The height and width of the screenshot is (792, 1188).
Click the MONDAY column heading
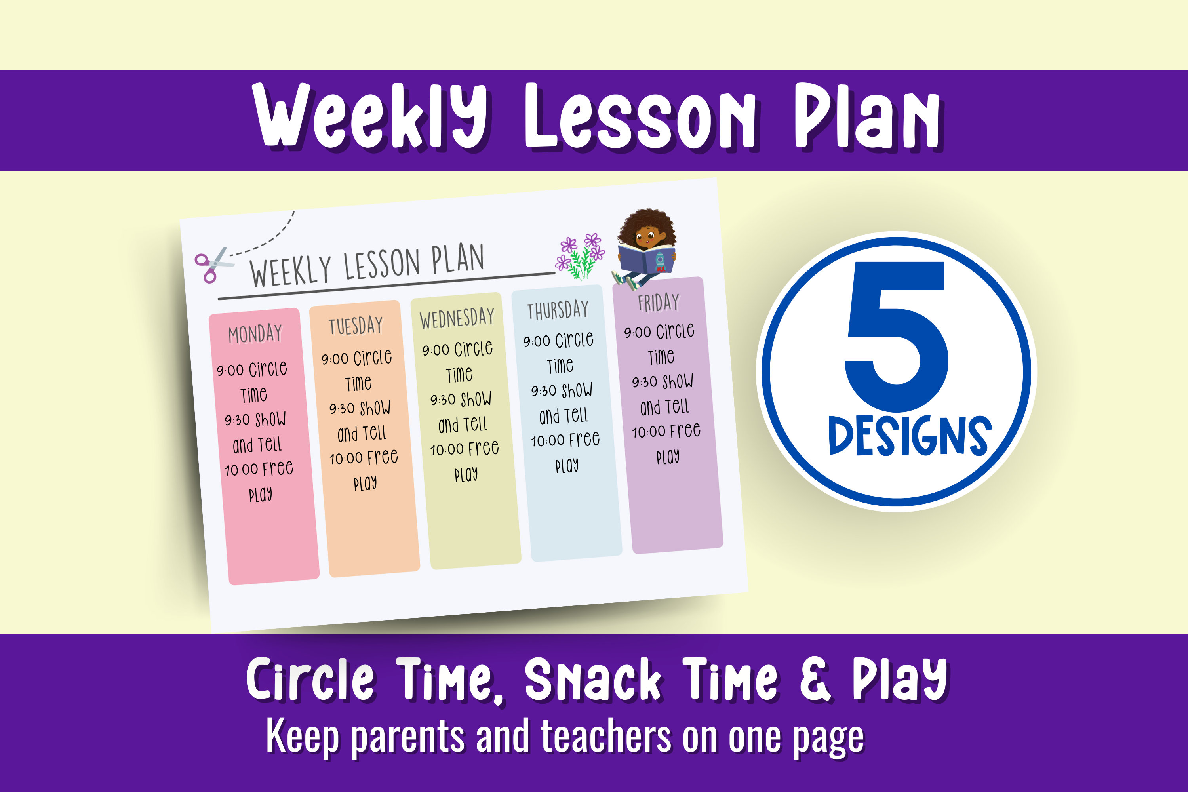click(255, 334)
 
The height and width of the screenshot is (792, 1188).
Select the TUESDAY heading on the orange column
click(356, 325)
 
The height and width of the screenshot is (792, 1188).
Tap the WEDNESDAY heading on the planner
click(457, 318)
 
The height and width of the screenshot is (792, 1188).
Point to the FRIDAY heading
click(659, 303)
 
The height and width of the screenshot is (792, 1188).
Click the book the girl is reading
click(647, 259)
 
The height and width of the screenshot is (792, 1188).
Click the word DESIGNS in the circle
click(910, 435)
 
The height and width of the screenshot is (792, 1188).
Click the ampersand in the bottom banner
click(815, 680)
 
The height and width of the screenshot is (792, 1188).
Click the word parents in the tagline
click(407, 737)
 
